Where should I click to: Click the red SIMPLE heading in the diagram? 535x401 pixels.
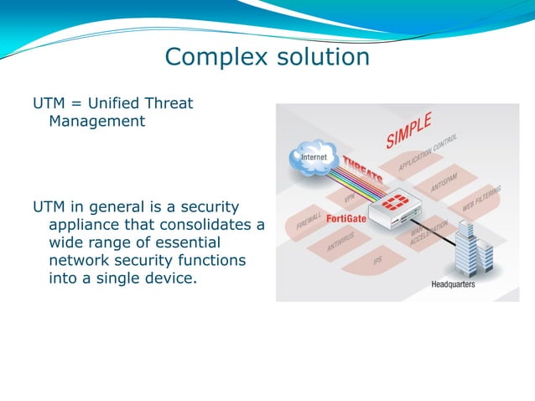(x=408, y=130)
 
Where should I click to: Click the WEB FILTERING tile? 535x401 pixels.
(x=481, y=200)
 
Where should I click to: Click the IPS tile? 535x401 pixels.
(x=378, y=261)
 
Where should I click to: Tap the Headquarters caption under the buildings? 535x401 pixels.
(x=453, y=284)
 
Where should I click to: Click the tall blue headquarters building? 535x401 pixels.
(x=466, y=243)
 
